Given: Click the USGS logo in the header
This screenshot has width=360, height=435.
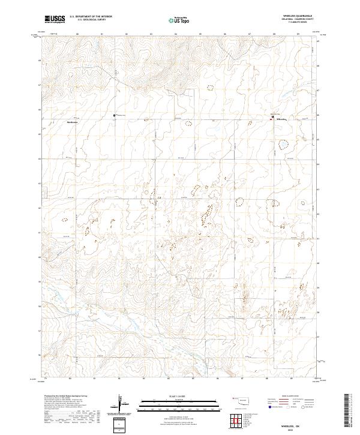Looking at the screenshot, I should click(x=55, y=20).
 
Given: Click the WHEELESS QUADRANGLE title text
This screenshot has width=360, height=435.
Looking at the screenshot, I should click(x=293, y=14).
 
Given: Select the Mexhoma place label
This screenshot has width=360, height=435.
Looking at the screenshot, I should click(x=72, y=122).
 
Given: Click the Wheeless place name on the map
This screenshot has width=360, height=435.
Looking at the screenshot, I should click(x=281, y=120).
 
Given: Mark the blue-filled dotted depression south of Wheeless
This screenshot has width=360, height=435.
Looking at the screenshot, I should click(x=283, y=144).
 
